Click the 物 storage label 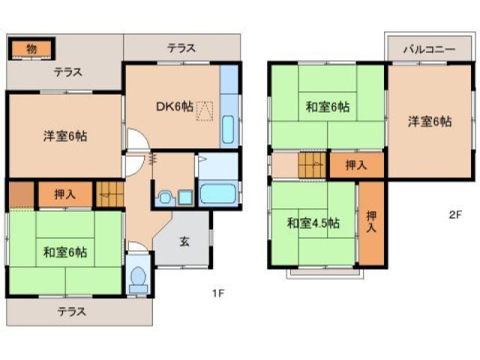tap(31, 49)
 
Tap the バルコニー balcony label tap(428, 49)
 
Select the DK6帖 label tap(174, 107)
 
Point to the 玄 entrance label tap(184, 241)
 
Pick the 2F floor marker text tap(454, 214)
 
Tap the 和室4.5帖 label tap(313, 223)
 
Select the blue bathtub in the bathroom tap(219, 193)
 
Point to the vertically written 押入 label tap(370, 223)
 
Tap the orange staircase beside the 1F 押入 tap(109, 193)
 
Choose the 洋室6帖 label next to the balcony tap(429, 121)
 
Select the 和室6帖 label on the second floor tap(327, 107)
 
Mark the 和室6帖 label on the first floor tap(65, 252)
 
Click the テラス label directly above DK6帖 tap(181, 49)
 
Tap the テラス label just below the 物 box tap(67, 73)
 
